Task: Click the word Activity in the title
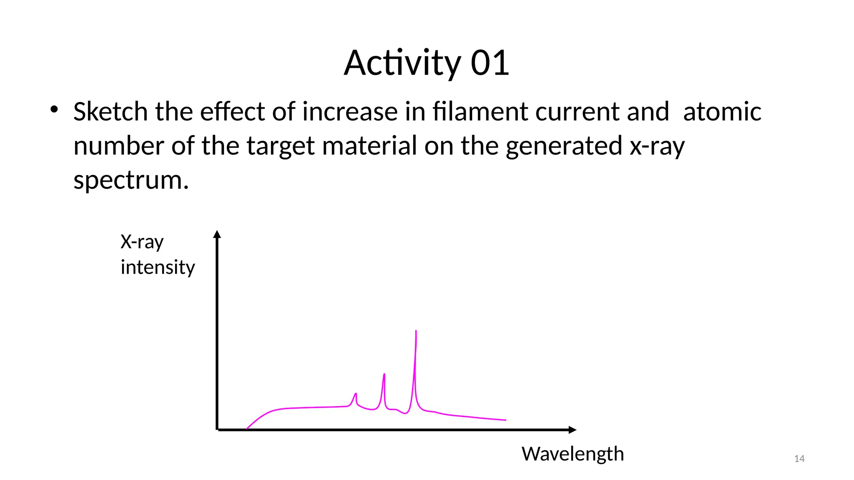(402, 63)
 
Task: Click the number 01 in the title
(490, 63)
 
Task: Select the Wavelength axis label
(572, 454)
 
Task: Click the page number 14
(799, 459)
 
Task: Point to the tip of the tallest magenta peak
(416, 332)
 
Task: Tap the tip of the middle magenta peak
(384, 374)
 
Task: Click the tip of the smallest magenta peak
(356, 394)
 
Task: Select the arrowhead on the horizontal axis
(573, 430)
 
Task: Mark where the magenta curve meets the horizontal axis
(247, 428)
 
